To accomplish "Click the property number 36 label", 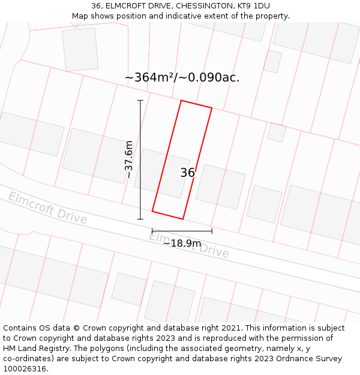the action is [x=187, y=173].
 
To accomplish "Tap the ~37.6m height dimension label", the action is [x=129, y=160].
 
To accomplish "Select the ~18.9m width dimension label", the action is [x=182, y=243].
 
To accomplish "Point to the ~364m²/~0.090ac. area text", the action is [x=182, y=77].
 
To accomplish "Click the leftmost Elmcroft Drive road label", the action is [x=47, y=208].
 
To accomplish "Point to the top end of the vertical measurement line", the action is [x=140, y=100].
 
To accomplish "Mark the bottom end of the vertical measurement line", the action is [x=140, y=219].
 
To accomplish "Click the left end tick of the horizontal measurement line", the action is [x=152, y=230].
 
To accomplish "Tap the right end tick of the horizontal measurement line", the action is [x=212, y=230].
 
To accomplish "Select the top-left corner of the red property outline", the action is [x=181, y=100].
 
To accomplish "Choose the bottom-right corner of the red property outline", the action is [x=183, y=219].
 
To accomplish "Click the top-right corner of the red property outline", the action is [x=212, y=108].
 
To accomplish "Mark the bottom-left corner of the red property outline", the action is [x=152, y=211].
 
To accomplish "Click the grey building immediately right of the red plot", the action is [x=221, y=187].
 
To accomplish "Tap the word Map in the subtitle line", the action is [x=80, y=16].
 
